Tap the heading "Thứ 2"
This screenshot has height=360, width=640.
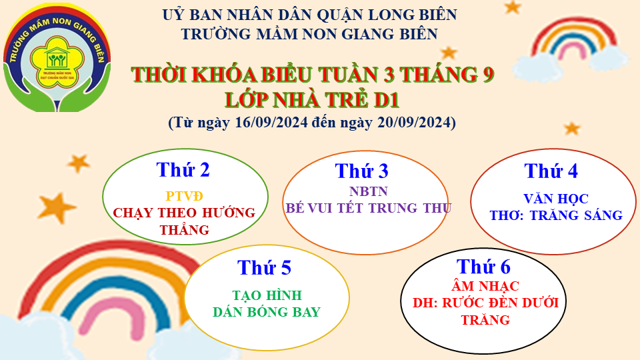pyautogui.click(x=183, y=170)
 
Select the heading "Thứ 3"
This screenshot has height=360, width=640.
pyautogui.click(x=361, y=171)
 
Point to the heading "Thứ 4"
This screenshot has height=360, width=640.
pyautogui.click(x=551, y=171)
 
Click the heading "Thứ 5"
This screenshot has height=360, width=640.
pyautogui.click(x=264, y=268)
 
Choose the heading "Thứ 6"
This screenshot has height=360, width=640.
pyautogui.click(x=483, y=267)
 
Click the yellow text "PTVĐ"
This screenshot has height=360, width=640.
pyautogui.click(x=184, y=196)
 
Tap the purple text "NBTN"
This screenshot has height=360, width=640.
pyautogui.click(x=369, y=191)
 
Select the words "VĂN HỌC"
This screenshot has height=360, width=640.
pyautogui.click(x=556, y=199)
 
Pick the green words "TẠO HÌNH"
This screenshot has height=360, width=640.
pyautogui.click(x=267, y=295)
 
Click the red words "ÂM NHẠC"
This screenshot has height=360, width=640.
pyautogui.click(x=485, y=286)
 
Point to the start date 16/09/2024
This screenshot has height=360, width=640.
pyautogui.click(x=271, y=123)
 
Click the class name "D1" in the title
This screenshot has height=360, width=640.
pyautogui.click(x=386, y=100)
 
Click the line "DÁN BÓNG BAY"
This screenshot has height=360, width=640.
pyautogui.click(x=267, y=312)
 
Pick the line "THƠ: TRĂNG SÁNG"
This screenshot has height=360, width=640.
pyautogui.click(x=556, y=215)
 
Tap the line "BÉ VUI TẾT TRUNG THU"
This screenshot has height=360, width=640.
pyautogui.click(x=368, y=208)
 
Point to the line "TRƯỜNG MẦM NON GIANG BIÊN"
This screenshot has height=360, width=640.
pyautogui.click(x=309, y=34)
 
